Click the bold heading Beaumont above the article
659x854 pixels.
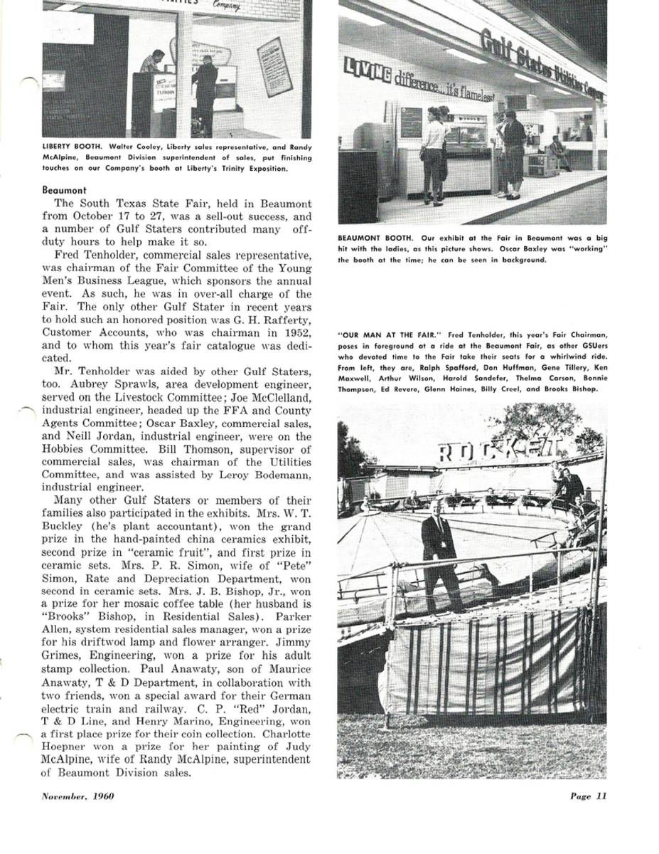coord(64,191)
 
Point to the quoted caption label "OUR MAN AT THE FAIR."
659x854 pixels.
coord(382,334)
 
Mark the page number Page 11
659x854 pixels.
coord(588,796)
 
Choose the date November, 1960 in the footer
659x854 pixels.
coord(77,796)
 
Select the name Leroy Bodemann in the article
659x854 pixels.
coord(273,475)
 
